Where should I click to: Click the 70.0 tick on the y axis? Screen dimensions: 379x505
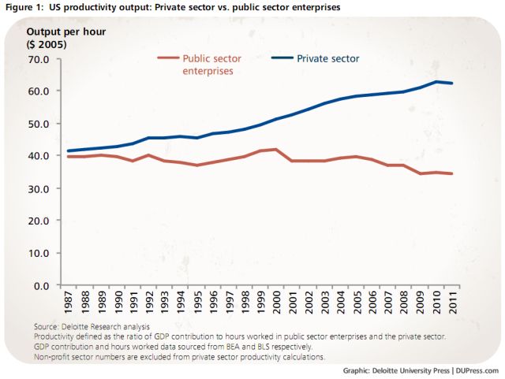[x=39, y=59]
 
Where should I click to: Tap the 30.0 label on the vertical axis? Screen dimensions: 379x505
[x=39, y=188]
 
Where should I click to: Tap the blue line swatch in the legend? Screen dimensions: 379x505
[x=283, y=58]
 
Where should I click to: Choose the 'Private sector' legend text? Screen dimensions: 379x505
[x=327, y=58]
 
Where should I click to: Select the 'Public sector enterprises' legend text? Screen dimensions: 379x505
[x=212, y=65]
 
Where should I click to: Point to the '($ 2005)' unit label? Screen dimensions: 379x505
[x=47, y=44]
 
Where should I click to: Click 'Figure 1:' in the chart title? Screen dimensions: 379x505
[x=21, y=7]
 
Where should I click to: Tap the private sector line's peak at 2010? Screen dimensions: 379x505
[x=436, y=82]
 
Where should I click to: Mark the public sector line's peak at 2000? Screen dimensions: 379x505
[x=275, y=150]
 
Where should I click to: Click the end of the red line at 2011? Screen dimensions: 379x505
[x=451, y=173]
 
